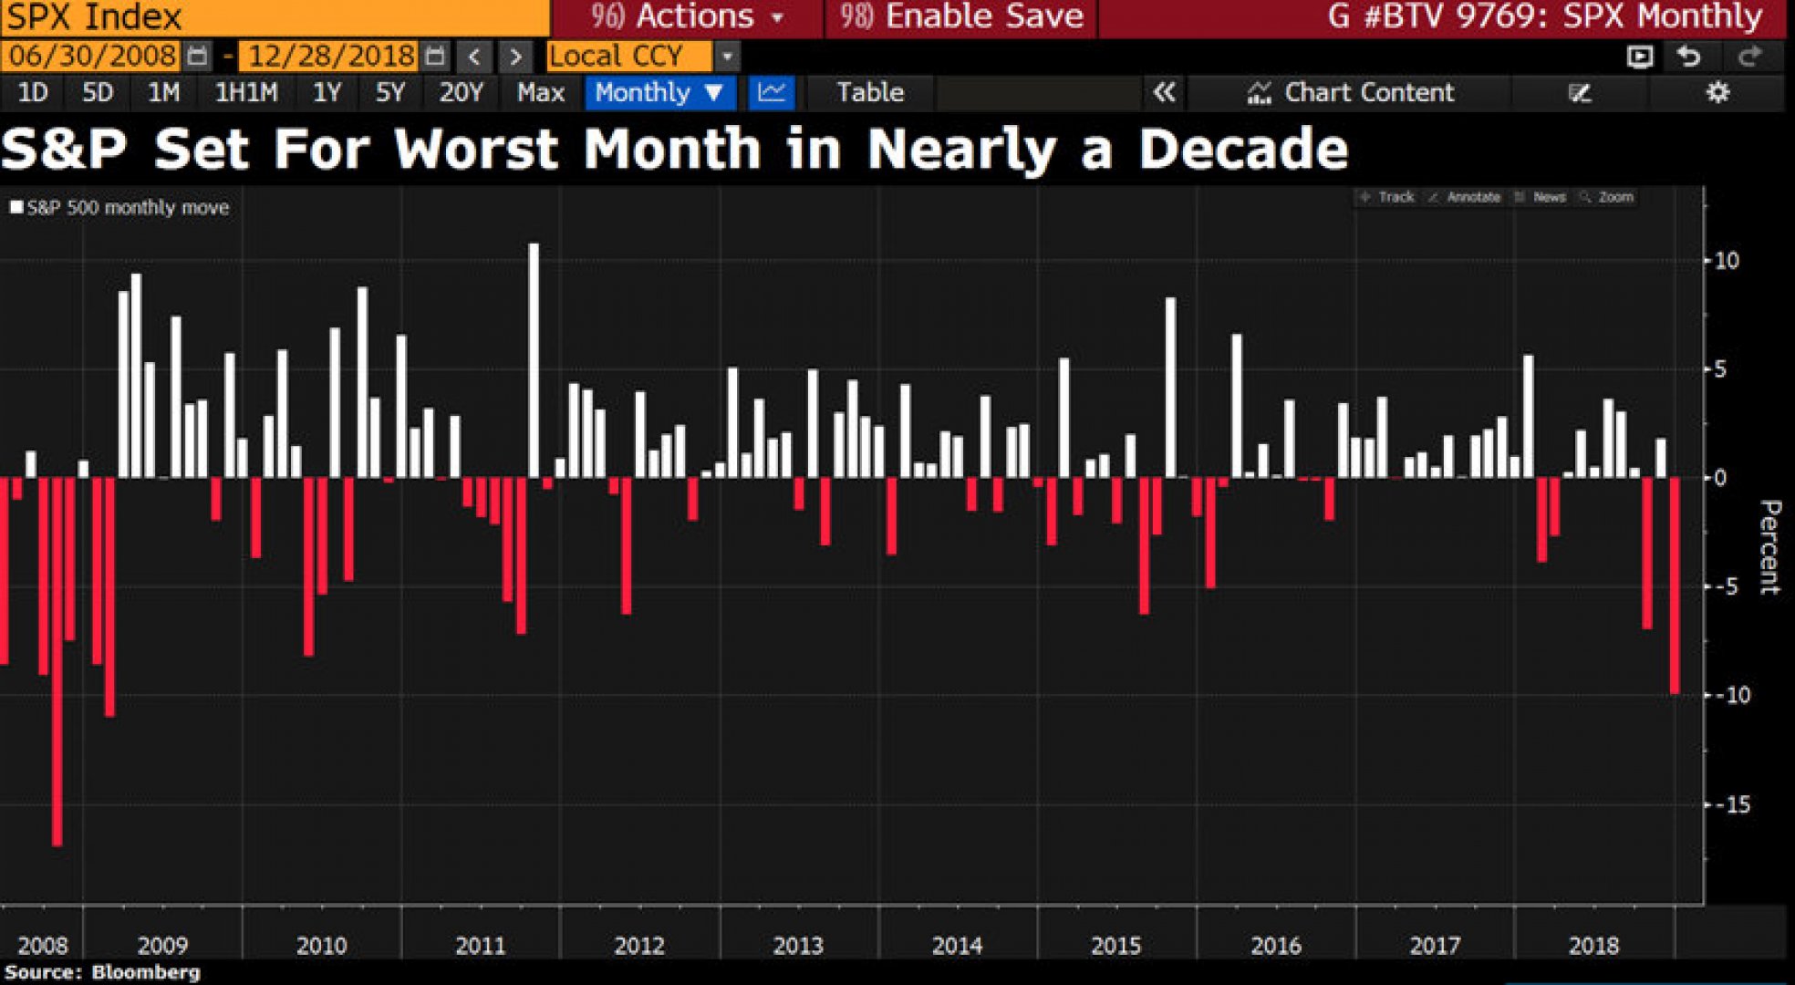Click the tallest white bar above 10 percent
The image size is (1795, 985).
click(x=534, y=360)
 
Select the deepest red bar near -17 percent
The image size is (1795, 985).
click(x=57, y=661)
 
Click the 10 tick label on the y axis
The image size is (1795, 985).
click(x=1727, y=261)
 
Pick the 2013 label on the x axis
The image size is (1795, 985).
click(x=798, y=945)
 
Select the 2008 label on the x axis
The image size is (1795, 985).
click(x=43, y=945)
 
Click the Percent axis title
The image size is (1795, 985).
click(x=1769, y=547)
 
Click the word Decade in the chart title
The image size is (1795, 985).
click(x=1242, y=150)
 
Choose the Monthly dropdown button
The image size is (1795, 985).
click(x=659, y=92)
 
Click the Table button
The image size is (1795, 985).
click(x=870, y=92)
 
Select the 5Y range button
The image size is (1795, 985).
click(x=389, y=92)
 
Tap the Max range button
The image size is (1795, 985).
click(x=540, y=92)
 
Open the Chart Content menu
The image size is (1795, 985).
click(x=1351, y=92)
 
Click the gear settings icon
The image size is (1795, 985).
click(x=1717, y=92)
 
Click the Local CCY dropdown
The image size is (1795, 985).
click(x=641, y=57)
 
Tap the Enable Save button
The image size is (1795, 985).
click(x=961, y=16)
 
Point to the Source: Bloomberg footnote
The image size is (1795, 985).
click(x=102, y=972)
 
